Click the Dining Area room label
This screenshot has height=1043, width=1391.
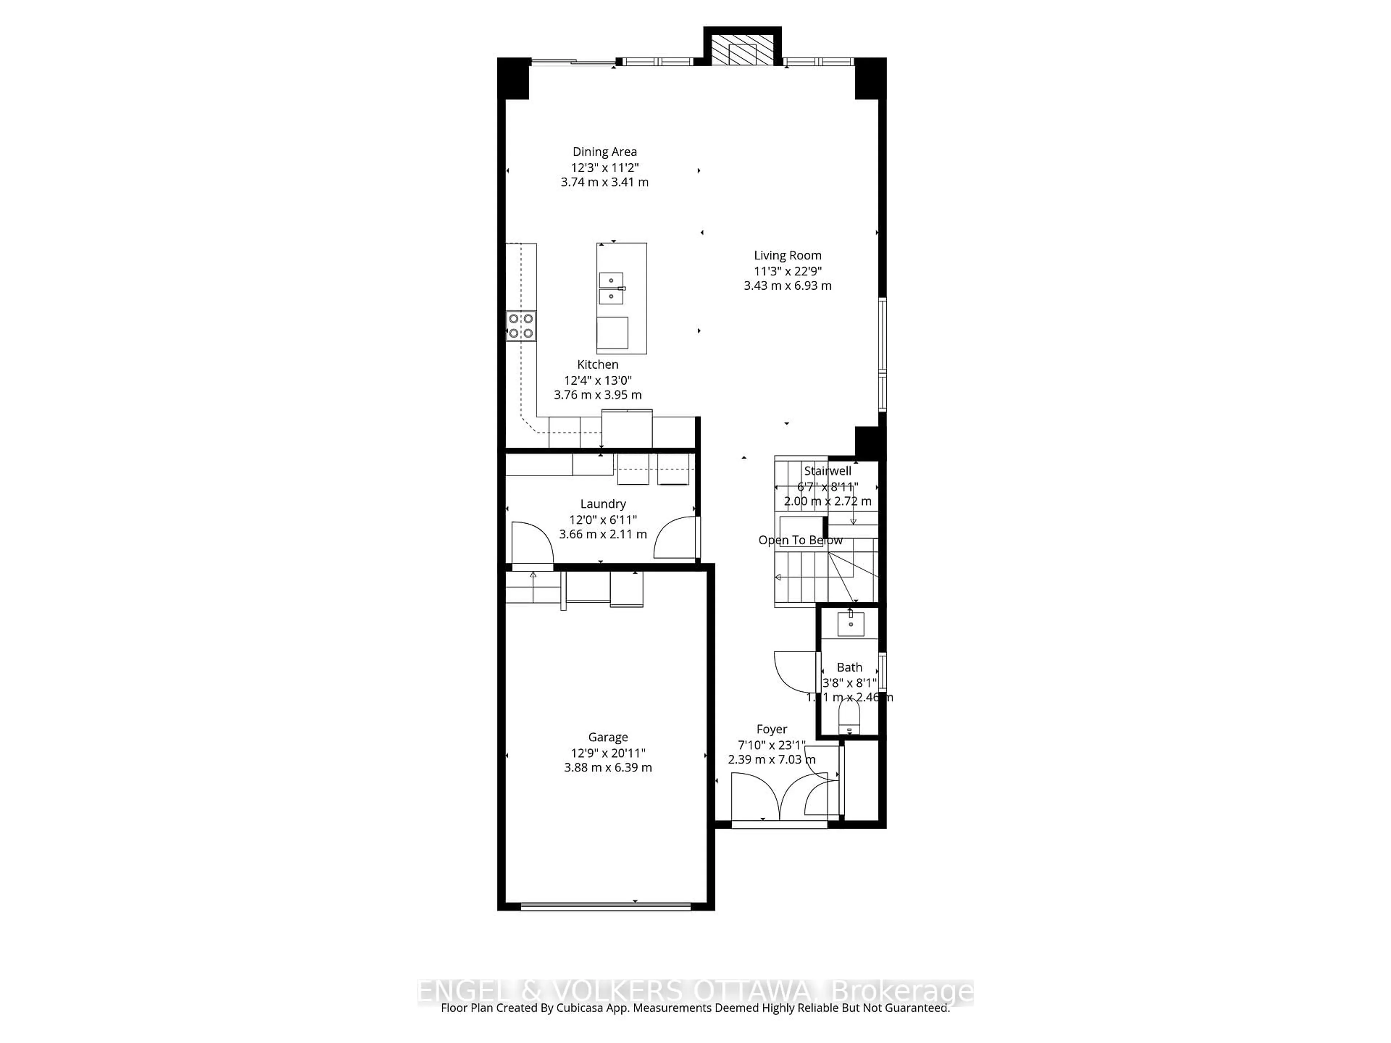point(604,151)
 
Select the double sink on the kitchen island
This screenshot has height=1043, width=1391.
point(611,288)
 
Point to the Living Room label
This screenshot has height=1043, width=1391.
point(787,255)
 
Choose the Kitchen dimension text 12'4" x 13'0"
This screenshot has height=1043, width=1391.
point(597,380)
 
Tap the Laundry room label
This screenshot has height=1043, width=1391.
point(602,504)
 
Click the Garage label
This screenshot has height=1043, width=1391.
point(607,737)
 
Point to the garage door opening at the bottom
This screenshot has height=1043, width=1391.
point(606,906)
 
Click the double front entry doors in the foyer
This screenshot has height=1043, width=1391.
point(778,797)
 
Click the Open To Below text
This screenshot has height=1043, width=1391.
point(800,540)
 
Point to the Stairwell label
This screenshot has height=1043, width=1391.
point(828,471)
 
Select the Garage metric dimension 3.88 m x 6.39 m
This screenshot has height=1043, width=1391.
point(607,768)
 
